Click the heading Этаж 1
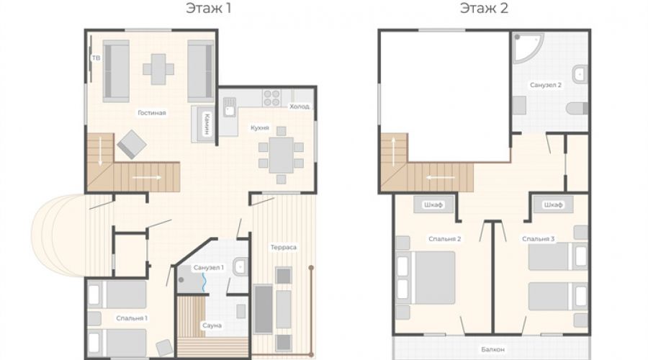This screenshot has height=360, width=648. pyautogui.click(x=208, y=8)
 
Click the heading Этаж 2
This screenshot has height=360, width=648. pyautogui.click(x=484, y=8)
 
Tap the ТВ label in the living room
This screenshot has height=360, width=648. pyautogui.click(x=96, y=58)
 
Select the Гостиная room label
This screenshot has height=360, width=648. pyautogui.click(x=152, y=113)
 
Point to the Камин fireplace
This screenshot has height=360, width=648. pyautogui.click(x=202, y=124)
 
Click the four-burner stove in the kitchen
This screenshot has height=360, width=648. pyautogui.click(x=271, y=98)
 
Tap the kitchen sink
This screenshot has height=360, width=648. pyautogui.click(x=230, y=107)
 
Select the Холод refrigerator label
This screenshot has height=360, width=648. pyautogui.click(x=300, y=107)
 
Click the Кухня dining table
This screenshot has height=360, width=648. pyautogui.click(x=281, y=155)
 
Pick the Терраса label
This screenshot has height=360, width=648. pyautogui.click(x=284, y=247)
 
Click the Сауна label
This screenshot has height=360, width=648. pyautogui.click(x=212, y=325)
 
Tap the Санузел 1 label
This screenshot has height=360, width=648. pyautogui.click(x=208, y=267)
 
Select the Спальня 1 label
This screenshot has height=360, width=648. pyautogui.click(x=132, y=318)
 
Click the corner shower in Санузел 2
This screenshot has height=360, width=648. pyautogui.click(x=527, y=48)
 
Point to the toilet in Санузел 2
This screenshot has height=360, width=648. pyautogui.click(x=577, y=108)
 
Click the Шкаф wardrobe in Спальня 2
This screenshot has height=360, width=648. pyautogui.click(x=433, y=204)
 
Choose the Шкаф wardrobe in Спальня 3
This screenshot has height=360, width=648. pyautogui.click(x=553, y=204)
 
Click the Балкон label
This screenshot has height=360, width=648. pyautogui.click(x=492, y=349)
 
